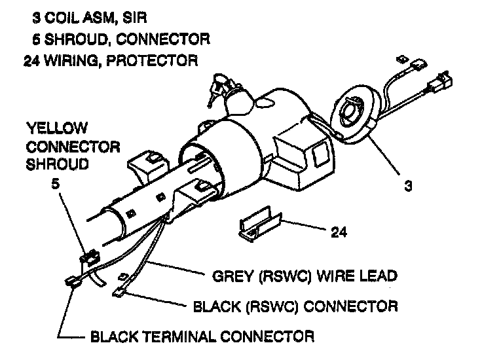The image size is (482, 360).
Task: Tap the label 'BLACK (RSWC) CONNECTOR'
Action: pos(296,306)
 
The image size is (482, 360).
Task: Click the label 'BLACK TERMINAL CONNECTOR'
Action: pos(202,337)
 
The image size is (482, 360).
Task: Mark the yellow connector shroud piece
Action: pos(88,258)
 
